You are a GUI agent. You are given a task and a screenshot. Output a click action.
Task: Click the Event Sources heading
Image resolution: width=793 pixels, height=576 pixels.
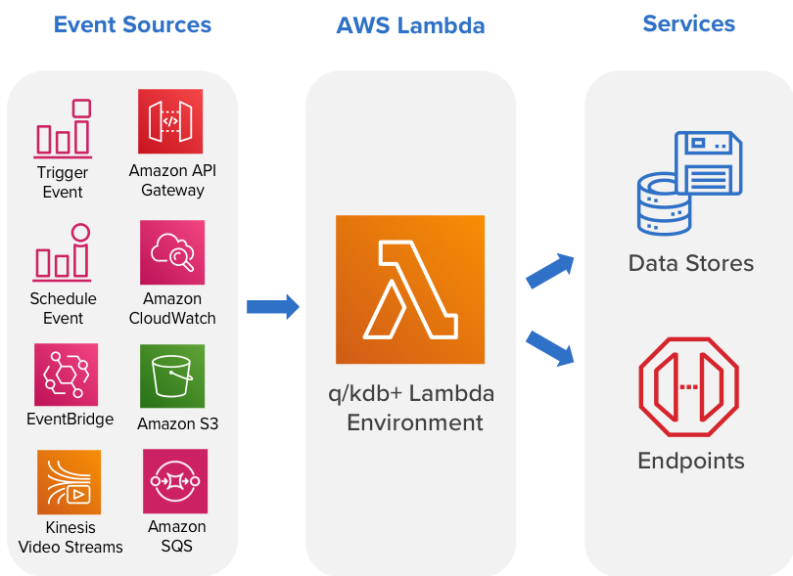(x=132, y=24)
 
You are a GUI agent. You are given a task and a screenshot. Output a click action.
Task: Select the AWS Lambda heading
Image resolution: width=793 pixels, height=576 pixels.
(x=410, y=25)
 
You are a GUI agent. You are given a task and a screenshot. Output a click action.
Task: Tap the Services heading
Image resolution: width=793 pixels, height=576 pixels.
(x=688, y=23)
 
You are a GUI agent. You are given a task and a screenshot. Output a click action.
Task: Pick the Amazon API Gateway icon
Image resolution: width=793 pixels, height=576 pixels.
(x=170, y=121)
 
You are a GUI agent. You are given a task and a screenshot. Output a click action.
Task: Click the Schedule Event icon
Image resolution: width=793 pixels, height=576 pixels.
(x=64, y=252)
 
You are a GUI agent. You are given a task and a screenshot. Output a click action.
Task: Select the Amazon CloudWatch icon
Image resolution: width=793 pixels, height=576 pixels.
(x=172, y=252)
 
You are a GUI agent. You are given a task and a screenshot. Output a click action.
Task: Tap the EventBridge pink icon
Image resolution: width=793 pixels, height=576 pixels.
(x=67, y=375)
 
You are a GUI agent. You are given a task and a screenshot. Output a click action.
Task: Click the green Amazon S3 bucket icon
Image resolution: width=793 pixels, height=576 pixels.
(x=172, y=376)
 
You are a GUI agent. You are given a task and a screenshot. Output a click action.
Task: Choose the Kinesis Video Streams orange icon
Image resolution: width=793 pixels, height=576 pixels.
(x=69, y=482)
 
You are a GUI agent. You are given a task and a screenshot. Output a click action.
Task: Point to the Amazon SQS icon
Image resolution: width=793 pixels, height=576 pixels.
(x=175, y=481)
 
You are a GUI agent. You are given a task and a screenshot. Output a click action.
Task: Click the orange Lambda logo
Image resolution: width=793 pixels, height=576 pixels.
(x=410, y=289)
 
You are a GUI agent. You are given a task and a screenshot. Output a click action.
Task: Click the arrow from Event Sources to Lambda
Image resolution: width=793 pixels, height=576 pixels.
(x=272, y=307)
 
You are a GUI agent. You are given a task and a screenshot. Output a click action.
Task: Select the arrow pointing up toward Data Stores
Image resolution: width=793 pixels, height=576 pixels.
(x=550, y=270)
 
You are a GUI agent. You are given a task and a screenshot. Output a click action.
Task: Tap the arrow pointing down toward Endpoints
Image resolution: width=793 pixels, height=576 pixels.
(x=550, y=348)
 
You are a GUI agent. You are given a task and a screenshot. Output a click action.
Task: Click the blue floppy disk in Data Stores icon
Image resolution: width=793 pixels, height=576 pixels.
(x=709, y=163)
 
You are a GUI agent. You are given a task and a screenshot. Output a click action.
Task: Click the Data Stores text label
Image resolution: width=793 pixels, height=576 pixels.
(x=691, y=263)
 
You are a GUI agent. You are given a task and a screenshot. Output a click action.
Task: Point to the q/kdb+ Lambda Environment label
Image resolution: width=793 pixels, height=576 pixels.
(x=410, y=409)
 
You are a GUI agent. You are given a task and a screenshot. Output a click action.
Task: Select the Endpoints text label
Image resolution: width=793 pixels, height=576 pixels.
(x=691, y=461)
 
